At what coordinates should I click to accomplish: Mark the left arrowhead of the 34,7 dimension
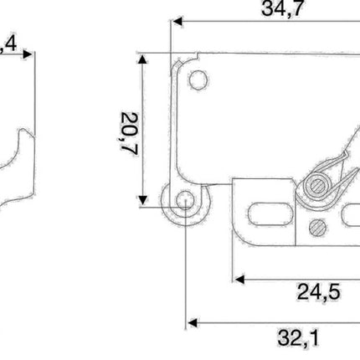[176, 23]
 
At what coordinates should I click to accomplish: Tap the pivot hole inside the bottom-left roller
[184, 201]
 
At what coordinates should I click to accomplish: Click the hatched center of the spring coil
[316, 185]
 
